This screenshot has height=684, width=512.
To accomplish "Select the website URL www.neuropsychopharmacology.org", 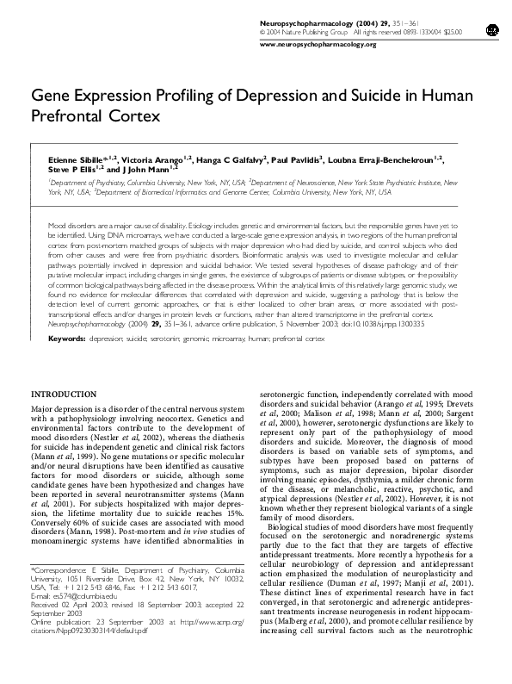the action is (318, 44).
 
